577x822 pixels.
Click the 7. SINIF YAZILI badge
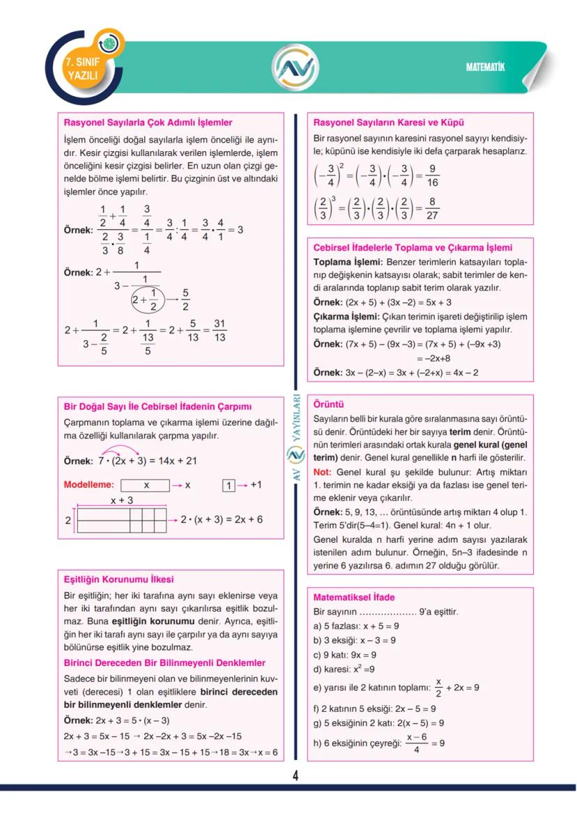click(82, 68)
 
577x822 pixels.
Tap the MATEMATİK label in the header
click(485, 67)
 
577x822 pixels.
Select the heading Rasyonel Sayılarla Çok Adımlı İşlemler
click(148, 123)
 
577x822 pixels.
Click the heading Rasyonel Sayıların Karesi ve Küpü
click(389, 123)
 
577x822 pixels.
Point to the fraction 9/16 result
click(432, 176)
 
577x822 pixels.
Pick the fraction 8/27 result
click(432, 209)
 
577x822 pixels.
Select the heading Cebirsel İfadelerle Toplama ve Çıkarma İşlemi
click(413, 247)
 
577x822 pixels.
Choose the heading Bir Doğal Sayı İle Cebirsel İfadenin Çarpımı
click(157, 407)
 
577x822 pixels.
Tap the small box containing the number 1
click(227, 486)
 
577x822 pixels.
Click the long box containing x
click(145, 486)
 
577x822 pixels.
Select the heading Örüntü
click(329, 404)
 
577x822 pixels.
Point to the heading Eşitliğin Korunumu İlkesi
click(118, 580)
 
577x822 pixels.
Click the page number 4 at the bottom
click(295, 776)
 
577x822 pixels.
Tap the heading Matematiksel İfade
click(354, 598)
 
